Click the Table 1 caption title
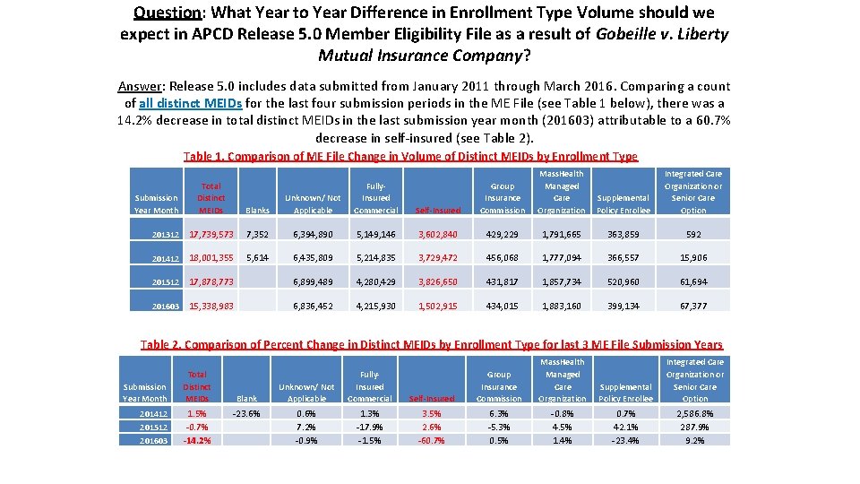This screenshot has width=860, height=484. [410, 157]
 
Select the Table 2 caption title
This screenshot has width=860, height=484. [432, 345]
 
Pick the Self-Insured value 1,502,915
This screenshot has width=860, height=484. [438, 306]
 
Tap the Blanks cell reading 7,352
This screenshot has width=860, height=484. [256, 234]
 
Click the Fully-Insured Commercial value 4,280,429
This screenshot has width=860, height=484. [376, 281]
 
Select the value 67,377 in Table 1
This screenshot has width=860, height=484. [693, 306]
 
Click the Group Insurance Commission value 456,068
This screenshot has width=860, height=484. [503, 258]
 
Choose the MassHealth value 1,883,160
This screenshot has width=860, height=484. [562, 306]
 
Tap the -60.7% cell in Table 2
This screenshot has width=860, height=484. [431, 440]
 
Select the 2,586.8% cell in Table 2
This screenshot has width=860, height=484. [695, 414]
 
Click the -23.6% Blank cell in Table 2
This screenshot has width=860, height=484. [246, 414]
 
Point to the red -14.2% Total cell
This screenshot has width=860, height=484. [197, 440]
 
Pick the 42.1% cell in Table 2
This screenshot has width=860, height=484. [625, 428]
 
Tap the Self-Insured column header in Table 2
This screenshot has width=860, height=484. [431, 398]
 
